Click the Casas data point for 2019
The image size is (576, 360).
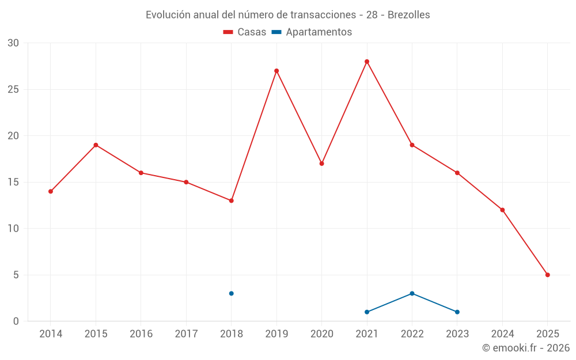(276, 71)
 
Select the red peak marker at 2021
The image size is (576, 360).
(367, 62)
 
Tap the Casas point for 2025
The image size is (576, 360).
(548, 275)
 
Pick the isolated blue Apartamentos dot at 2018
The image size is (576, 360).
(232, 293)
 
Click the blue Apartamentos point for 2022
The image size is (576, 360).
(412, 293)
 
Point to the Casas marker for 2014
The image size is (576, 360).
(51, 191)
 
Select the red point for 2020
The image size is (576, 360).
(321, 164)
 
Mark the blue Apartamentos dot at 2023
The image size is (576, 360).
(457, 312)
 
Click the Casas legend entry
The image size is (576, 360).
(245, 32)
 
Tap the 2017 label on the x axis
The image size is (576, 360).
(186, 334)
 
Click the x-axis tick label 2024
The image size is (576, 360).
(502, 334)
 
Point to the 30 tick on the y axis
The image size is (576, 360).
(13, 43)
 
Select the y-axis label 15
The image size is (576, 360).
(13, 182)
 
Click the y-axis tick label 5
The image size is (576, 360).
(16, 275)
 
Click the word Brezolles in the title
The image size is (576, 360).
(408, 15)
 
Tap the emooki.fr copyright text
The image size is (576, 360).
(526, 348)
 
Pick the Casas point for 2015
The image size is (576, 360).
(96, 145)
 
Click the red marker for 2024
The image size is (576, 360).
(502, 210)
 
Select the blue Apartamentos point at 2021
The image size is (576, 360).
(367, 312)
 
